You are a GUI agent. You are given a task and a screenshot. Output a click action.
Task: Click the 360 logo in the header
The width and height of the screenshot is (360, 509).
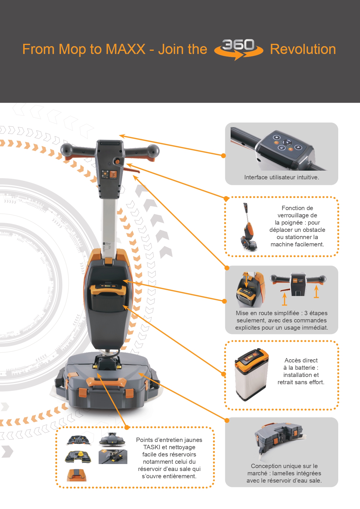click(x=238, y=49)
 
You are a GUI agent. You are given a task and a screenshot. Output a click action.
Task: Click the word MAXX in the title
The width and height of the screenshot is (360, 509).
click(x=125, y=49)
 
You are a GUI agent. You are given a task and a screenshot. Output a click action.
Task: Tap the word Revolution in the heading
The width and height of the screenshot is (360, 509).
click(x=303, y=49)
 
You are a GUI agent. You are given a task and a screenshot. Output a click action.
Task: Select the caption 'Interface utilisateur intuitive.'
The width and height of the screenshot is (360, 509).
click(x=281, y=177)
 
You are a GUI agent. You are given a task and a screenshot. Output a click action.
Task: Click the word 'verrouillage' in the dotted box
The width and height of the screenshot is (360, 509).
click(x=297, y=215)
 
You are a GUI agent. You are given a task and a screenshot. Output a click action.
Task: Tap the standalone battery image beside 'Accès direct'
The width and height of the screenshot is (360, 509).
click(x=252, y=375)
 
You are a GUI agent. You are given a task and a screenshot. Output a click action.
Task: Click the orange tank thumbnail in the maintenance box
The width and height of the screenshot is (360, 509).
click(x=77, y=475)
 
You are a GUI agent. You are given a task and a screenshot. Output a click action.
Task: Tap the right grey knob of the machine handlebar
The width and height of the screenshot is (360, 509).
click(x=153, y=151)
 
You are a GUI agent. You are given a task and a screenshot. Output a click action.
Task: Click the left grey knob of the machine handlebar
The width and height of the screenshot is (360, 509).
click(x=66, y=150)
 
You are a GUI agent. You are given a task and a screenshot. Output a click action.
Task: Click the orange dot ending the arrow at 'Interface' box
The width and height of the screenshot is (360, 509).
click(x=223, y=156)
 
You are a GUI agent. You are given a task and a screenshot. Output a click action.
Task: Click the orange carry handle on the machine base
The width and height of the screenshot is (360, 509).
click(x=106, y=382)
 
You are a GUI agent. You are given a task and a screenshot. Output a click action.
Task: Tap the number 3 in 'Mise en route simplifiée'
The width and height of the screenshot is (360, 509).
click(x=306, y=313)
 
